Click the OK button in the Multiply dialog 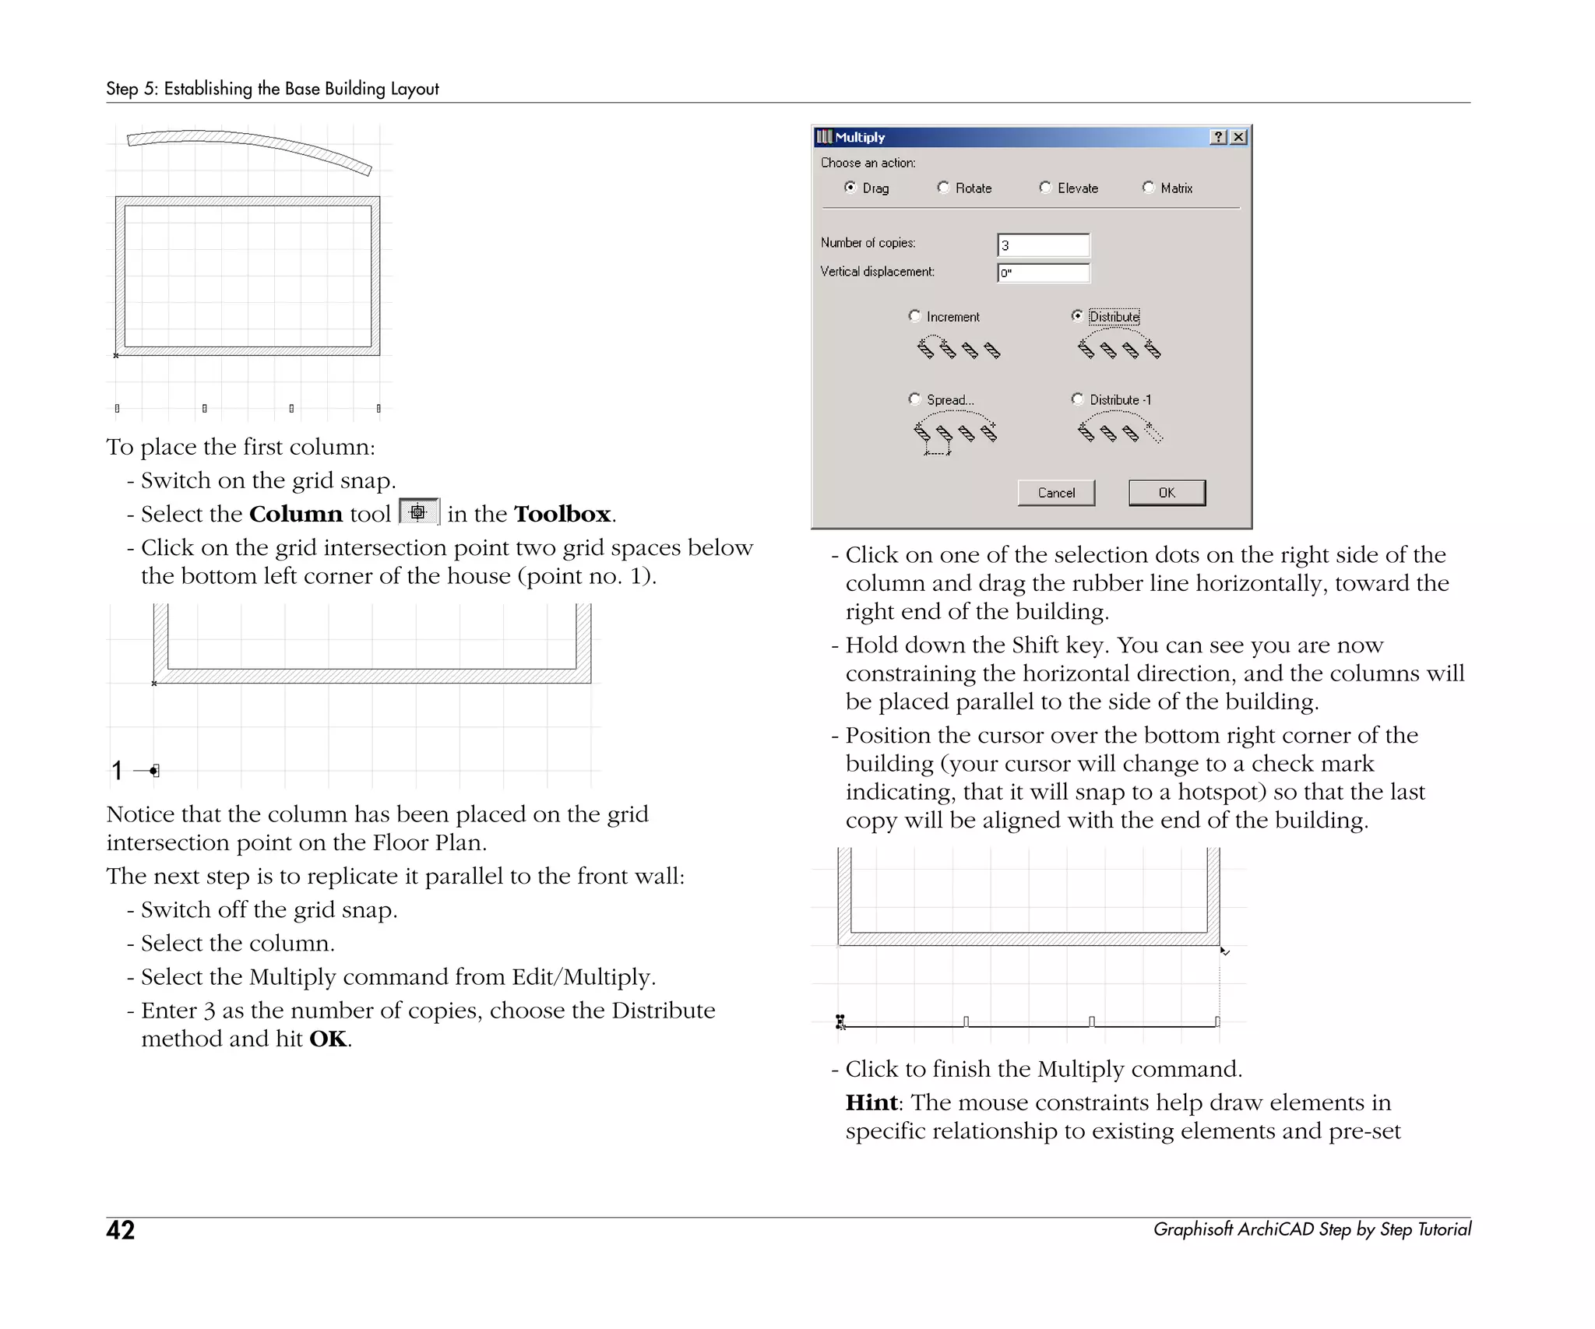tap(1166, 492)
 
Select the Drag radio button tap(850, 188)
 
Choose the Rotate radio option tap(943, 188)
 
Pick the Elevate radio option tap(1045, 188)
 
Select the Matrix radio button tap(1148, 188)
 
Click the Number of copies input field tap(1043, 245)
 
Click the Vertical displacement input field tap(1043, 272)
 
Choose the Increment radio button tap(915, 316)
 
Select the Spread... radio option tap(915, 399)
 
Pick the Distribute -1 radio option tap(1078, 399)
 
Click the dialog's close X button tap(1238, 137)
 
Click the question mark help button tap(1219, 137)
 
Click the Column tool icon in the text tap(418, 512)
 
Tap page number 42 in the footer tap(121, 1230)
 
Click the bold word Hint tap(871, 1102)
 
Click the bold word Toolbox tap(562, 514)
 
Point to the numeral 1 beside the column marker tap(117, 771)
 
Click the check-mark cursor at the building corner tap(1224, 951)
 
